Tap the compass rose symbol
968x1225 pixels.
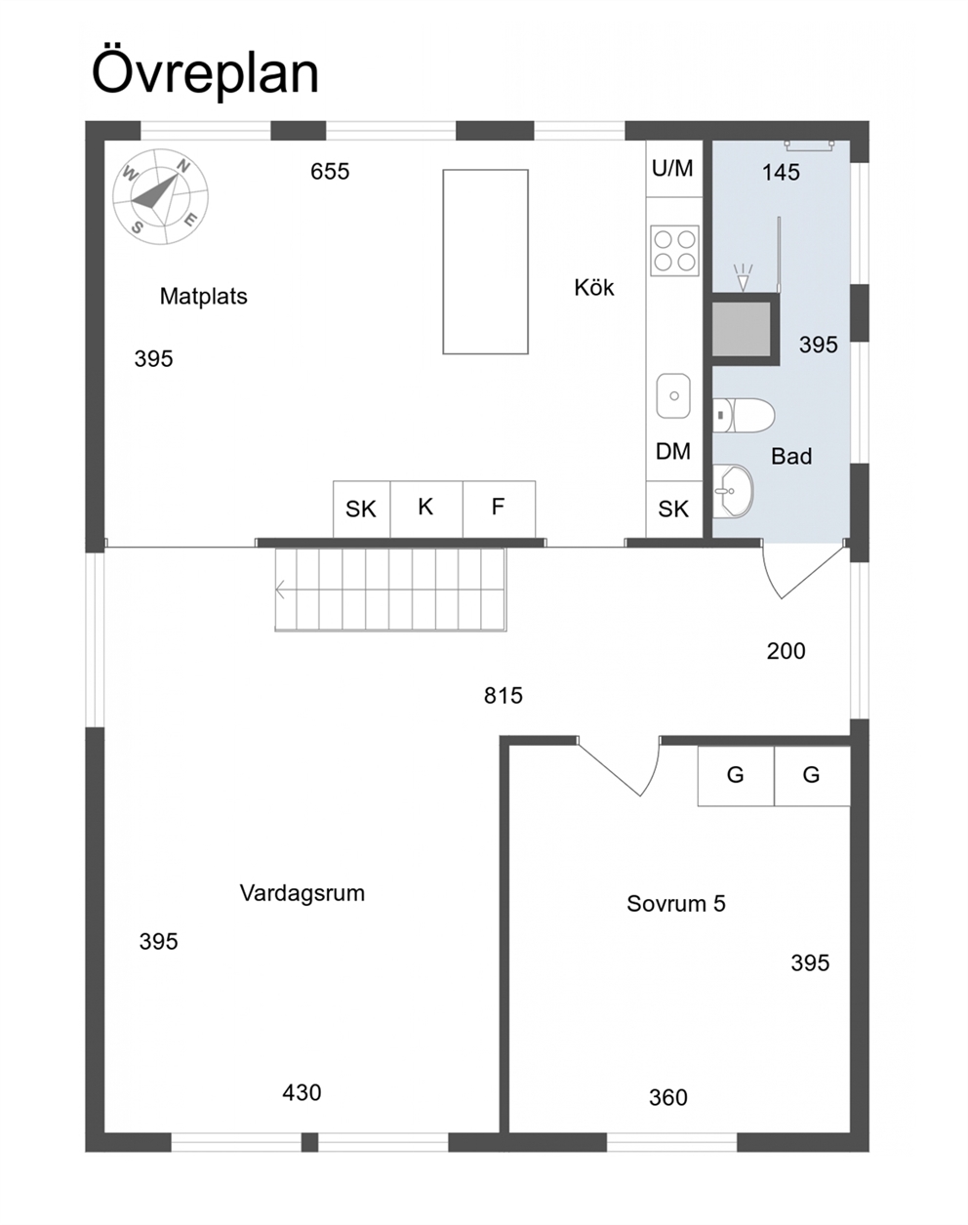160,195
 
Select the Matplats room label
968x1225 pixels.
203,297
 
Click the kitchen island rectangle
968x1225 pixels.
485,262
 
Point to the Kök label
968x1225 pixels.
593,288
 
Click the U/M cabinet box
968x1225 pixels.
672,169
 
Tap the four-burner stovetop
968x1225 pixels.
674,249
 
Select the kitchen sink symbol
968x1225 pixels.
673,395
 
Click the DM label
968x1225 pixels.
673,452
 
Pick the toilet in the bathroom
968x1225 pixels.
744,415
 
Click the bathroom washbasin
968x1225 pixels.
733,491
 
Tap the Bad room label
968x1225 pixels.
790,456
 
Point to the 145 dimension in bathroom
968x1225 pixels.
781,173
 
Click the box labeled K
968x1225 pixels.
425,507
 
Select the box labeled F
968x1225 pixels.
498,507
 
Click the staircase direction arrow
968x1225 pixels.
282,590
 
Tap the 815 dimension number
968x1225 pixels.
503,696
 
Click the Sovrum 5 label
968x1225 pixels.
675,904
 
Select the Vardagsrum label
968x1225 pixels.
302,893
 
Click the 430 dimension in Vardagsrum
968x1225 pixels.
302,1093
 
